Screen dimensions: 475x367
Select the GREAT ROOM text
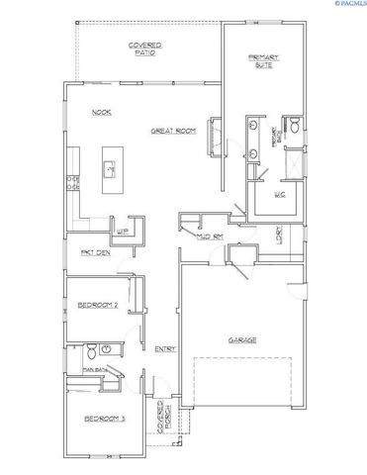172,131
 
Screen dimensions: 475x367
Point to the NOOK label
101,112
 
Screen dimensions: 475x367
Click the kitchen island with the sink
110,171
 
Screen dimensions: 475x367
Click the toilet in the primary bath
293,126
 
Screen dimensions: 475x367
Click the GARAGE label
243,339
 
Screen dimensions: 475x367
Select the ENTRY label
165,348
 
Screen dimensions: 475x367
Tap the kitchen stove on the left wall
73,181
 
